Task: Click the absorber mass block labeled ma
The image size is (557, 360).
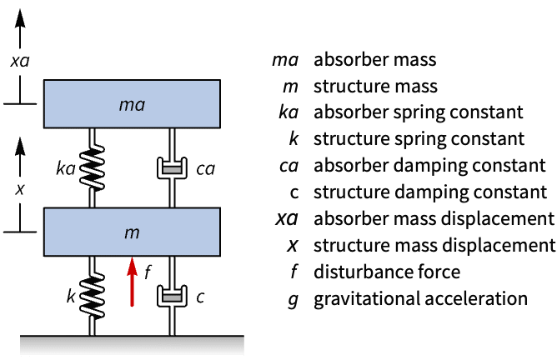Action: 132,104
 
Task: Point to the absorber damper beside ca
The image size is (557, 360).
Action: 172,169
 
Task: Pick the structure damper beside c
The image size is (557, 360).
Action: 172,297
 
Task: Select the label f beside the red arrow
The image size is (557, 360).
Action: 148,272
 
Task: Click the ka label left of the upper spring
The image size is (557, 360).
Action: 67,169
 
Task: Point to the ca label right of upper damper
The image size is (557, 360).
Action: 205,169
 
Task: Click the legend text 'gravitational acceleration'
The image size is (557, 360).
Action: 420,298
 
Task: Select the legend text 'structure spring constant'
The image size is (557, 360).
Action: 419,139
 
